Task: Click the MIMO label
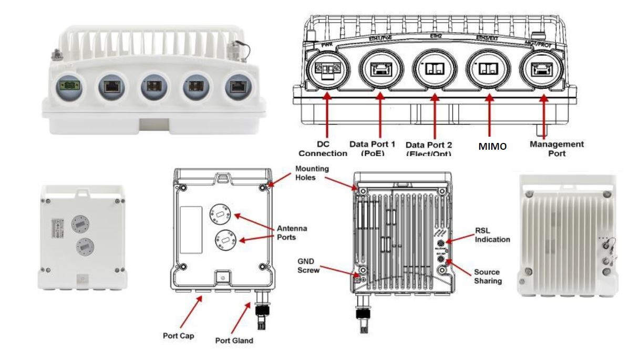pos(492,147)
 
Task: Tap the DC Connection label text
pos(322,148)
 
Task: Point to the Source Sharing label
pos(487,276)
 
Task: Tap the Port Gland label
pos(234,340)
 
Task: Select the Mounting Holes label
pos(312,173)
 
